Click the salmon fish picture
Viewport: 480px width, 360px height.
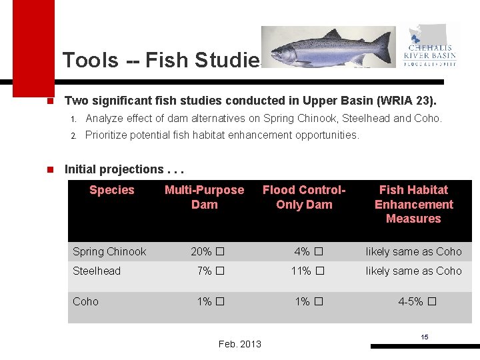(327, 48)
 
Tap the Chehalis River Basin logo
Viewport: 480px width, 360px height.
(430, 47)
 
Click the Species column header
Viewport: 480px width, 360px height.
(111, 190)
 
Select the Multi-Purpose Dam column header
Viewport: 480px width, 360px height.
(204, 197)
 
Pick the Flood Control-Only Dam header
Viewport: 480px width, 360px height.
(304, 197)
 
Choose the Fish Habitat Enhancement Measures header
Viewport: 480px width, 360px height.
(413, 204)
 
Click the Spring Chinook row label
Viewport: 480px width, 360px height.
(109, 251)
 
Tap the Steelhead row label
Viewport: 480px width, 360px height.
(97, 271)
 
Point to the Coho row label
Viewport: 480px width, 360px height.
(85, 301)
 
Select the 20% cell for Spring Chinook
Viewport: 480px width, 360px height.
(207, 251)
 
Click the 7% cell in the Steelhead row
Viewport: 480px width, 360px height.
(209, 271)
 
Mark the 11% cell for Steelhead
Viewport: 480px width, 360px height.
(307, 271)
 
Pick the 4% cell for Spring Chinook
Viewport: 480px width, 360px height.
(308, 251)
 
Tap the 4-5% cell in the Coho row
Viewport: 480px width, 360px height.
(417, 301)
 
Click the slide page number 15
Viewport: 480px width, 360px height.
(425, 337)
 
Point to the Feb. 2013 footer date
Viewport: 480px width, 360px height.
(240, 344)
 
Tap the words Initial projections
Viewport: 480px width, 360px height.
(114, 169)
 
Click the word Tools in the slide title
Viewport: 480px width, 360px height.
(90, 61)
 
